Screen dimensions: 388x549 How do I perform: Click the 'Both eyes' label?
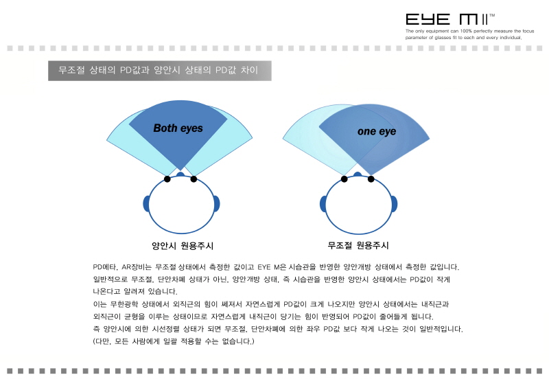pos(178,128)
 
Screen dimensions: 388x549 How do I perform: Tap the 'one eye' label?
pos(377,131)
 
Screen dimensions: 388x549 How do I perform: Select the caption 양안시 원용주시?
pos(183,245)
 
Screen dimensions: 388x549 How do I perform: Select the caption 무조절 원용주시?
pos(358,245)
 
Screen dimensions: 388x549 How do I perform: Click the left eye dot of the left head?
pos(167,179)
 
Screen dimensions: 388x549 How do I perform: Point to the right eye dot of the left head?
pos(194,179)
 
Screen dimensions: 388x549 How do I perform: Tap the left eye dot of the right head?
pos(344,179)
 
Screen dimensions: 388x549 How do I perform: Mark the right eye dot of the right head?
pos(371,179)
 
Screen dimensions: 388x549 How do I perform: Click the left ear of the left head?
pos(146,204)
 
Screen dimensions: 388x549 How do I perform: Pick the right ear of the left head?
pos(216,204)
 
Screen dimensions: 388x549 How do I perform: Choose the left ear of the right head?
pos(323,204)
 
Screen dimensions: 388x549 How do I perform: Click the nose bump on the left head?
pos(180,174)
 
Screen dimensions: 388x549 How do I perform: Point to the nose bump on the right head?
pos(358,174)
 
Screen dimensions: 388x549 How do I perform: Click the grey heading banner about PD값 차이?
pos(159,71)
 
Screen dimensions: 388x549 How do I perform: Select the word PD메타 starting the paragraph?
pos(104,266)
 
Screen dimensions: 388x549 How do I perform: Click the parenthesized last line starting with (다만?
pos(174,341)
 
